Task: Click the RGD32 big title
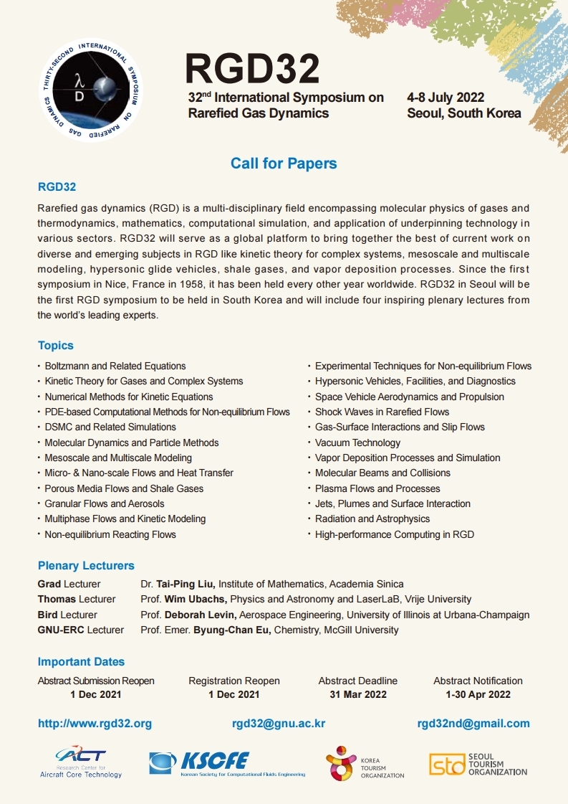click(252, 69)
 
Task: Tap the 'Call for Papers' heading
click(284, 164)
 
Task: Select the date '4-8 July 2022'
click(446, 98)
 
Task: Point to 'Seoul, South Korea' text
click(463, 113)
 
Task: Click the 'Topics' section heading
click(56, 345)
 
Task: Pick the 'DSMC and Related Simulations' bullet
click(110, 427)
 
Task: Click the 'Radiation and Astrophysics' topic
click(372, 519)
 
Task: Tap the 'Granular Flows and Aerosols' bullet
click(105, 503)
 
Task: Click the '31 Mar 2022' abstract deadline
click(358, 694)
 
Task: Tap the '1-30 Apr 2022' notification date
click(478, 694)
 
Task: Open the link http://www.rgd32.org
click(95, 724)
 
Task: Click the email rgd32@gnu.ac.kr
click(279, 724)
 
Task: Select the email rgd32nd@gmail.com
click(473, 724)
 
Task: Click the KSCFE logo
click(226, 763)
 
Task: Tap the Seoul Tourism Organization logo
click(478, 764)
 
